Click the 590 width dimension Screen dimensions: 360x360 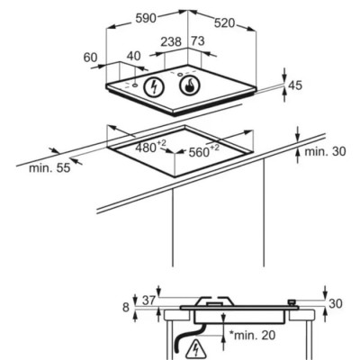click(146, 18)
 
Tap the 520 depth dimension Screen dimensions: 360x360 click(224, 22)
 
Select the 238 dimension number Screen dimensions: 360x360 click(171, 42)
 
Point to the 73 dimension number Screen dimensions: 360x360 click(198, 41)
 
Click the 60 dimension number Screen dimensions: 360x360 click(91, 58)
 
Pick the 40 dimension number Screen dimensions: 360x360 click(133, 56)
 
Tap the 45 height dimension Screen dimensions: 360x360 click(295, 85)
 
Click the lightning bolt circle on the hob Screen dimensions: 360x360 click(154, 87)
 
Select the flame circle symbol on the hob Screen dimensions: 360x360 click(189, 85)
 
